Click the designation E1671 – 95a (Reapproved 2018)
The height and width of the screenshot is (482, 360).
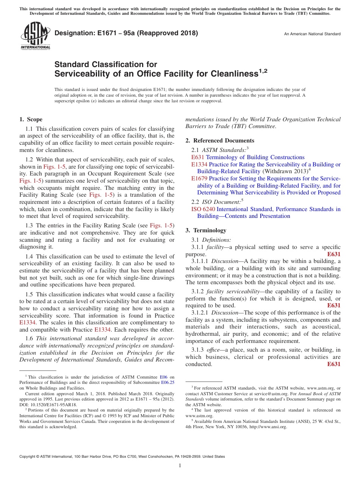[x=126, y=33]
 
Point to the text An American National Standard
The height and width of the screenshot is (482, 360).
[x=312, y=34]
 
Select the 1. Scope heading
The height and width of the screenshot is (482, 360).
[x=31, y=119]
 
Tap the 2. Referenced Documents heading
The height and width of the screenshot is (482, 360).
[x=220, y=141]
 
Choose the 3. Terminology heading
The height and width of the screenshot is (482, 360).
[x=211, y=230]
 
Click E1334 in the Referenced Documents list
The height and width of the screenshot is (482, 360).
[x=199, y=164]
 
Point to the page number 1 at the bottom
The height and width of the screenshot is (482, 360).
[x=180, y=466]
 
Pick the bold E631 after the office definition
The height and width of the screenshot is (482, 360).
[x=333, y=364]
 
